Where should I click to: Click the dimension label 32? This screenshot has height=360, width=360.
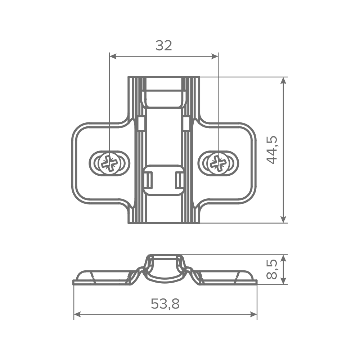pyautogui.click(x=164, y=45)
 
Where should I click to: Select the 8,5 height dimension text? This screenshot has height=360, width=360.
pyautogui.click(x=272, y=269)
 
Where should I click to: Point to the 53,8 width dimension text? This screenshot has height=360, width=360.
pyautogui.click(x=165, y=303)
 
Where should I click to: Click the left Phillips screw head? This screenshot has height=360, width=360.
pyautogui.click(x=109, y=163)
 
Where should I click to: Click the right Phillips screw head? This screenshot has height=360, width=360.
pyautogui.click(x=218, y=163)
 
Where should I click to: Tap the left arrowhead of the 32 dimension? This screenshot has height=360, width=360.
pyautogui.click(x=113, y=57)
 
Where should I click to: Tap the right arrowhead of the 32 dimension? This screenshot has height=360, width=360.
pyautogui.click(x=215, y=57)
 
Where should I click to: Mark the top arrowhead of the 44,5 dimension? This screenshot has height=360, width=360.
pyautogui.click(x=284, y=81)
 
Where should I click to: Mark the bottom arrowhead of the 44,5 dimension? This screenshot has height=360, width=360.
pyautogui.click(x=284, y=219)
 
